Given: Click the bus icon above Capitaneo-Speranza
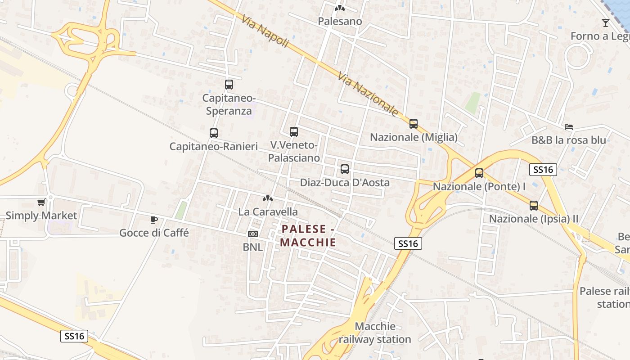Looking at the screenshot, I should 229,84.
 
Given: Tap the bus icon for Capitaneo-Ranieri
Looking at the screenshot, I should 214,133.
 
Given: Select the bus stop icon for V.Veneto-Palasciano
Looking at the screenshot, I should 294,132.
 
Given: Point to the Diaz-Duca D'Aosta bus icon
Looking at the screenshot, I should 345,169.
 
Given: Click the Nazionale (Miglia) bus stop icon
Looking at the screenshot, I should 414,123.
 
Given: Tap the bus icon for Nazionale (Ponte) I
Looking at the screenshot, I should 479,173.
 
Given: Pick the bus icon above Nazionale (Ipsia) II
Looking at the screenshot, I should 534,206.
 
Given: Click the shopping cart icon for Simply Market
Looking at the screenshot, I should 41,202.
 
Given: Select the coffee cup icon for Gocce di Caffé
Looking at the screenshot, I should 154,220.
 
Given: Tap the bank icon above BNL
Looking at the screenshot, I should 253,234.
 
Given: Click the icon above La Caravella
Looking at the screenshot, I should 268,198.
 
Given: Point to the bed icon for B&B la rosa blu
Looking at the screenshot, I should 569,127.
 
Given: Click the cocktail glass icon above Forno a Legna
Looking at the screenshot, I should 606,22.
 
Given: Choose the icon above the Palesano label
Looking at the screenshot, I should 340,8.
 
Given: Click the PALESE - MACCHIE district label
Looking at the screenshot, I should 308,236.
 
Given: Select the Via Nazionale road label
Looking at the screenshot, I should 368,95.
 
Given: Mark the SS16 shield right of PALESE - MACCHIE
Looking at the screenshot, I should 408,243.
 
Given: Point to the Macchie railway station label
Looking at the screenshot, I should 375,333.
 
